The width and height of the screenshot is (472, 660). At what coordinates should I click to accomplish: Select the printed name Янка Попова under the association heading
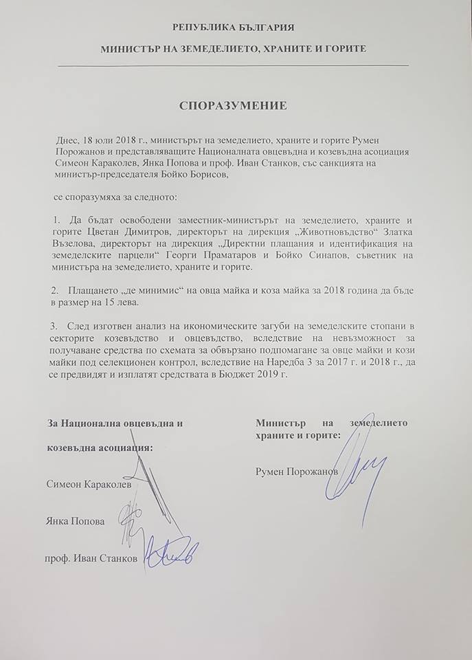click(x=76, y=521)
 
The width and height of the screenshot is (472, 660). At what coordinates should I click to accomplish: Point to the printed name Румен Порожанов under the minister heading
click(x=296, y=471)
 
